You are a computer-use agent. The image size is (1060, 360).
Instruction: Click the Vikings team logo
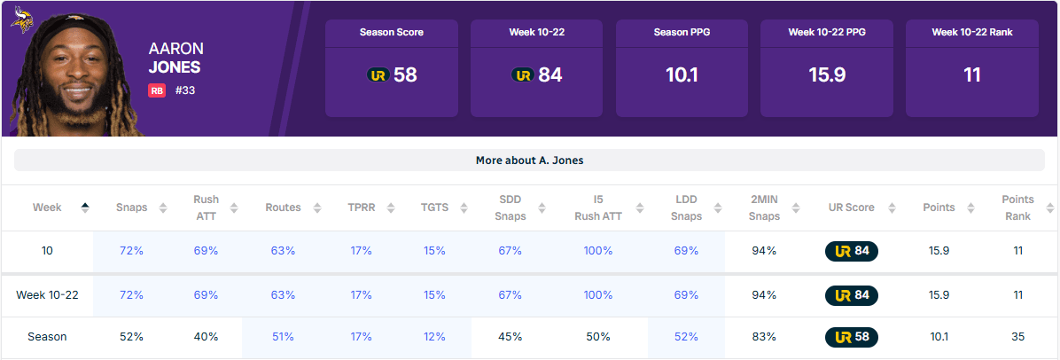[21, 19]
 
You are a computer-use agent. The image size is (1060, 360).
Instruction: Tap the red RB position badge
[157, 90]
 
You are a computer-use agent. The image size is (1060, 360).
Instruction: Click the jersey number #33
[184, 90]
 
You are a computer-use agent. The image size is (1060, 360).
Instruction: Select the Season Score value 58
[405, 75]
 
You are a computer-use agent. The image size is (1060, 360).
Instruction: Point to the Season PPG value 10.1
[682, 75]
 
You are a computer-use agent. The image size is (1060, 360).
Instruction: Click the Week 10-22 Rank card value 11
[972, 75]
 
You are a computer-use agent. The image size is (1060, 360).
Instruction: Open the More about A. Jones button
[529, 160]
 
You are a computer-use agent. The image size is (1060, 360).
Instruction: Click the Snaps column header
[131, 207]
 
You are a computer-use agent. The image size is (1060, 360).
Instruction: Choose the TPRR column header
[361, 207]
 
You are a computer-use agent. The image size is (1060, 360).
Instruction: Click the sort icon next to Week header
[85, 207]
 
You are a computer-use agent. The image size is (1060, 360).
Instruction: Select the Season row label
[47, 337]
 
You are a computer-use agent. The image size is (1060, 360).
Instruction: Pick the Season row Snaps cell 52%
[131, 337]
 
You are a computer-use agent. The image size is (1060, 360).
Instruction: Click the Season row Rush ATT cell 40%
[206, 337]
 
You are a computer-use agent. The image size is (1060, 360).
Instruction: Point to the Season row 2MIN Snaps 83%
[764, 337]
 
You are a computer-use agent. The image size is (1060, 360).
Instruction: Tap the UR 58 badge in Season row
[852, 337]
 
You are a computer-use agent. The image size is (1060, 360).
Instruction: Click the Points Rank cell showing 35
[1017, 337]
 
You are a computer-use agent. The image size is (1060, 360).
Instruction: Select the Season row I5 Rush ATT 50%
[598, 337]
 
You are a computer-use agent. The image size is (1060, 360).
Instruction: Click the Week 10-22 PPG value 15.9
[827, 75]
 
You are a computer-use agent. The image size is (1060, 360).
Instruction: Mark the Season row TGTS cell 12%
[434, 337]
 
